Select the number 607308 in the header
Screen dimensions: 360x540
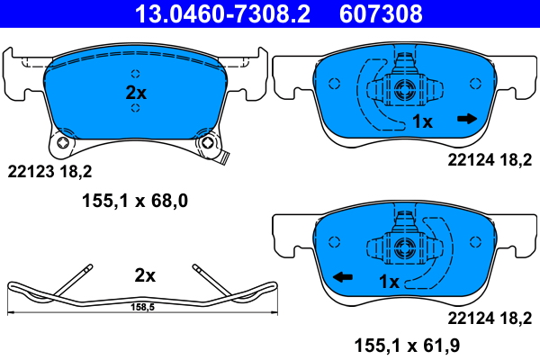coord(381,14)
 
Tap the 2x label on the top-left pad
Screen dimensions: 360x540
coord(135,91)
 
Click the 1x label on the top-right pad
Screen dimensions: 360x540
coord(423,121)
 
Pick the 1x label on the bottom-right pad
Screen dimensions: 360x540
coord(388,282)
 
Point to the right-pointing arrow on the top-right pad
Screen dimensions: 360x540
coord(466,119)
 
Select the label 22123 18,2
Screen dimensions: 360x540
coord(50,171)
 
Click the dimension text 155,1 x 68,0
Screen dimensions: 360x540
coord(130,202)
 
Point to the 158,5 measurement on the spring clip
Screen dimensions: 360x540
coord(139,307)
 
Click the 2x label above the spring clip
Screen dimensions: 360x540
coord(145,274)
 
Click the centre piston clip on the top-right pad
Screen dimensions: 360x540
coord(402,89)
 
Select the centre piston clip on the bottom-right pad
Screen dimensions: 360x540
coord(402,245)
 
